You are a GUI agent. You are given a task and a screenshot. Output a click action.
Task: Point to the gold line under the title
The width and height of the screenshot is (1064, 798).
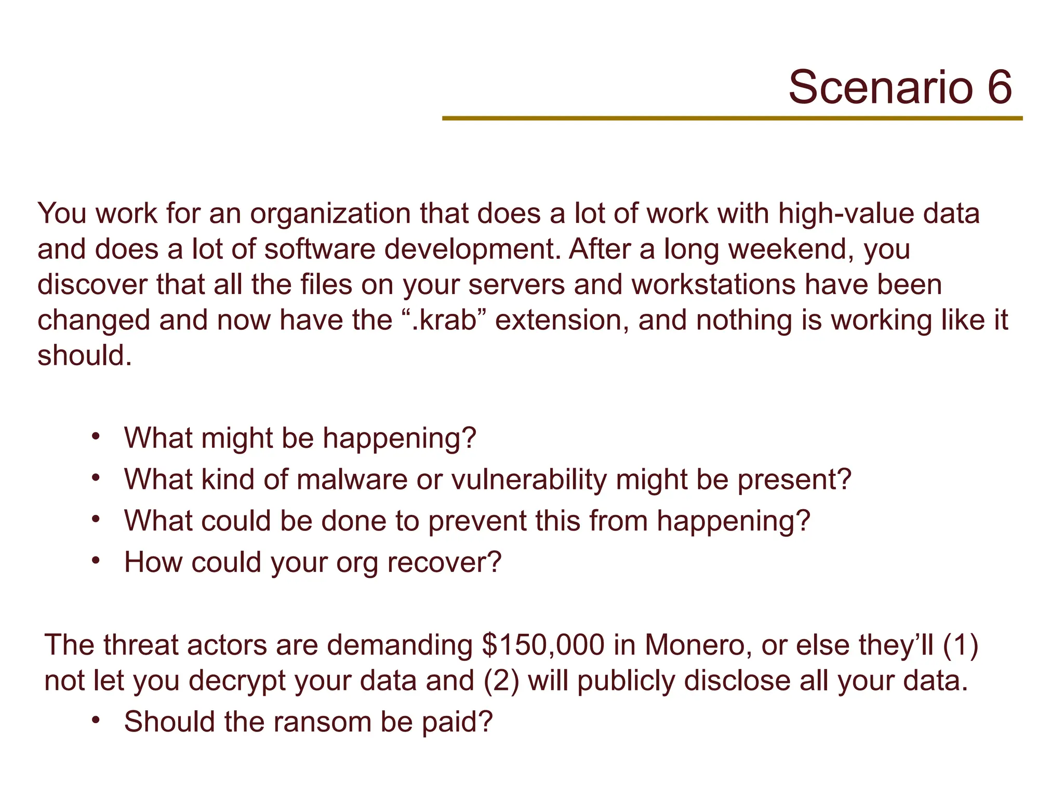click(732, 118)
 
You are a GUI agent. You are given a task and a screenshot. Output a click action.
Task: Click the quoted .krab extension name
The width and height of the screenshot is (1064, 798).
click(445, 320)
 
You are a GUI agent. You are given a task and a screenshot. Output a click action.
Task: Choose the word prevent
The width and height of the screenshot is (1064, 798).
click(477, 521)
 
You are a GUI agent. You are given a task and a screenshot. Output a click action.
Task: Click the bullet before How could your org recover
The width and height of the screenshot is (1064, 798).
click(95, 560)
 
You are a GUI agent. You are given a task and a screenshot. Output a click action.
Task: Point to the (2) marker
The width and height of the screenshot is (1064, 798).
click(501, 681)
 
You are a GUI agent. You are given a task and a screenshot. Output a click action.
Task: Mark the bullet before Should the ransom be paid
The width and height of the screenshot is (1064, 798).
click(95, 720)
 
